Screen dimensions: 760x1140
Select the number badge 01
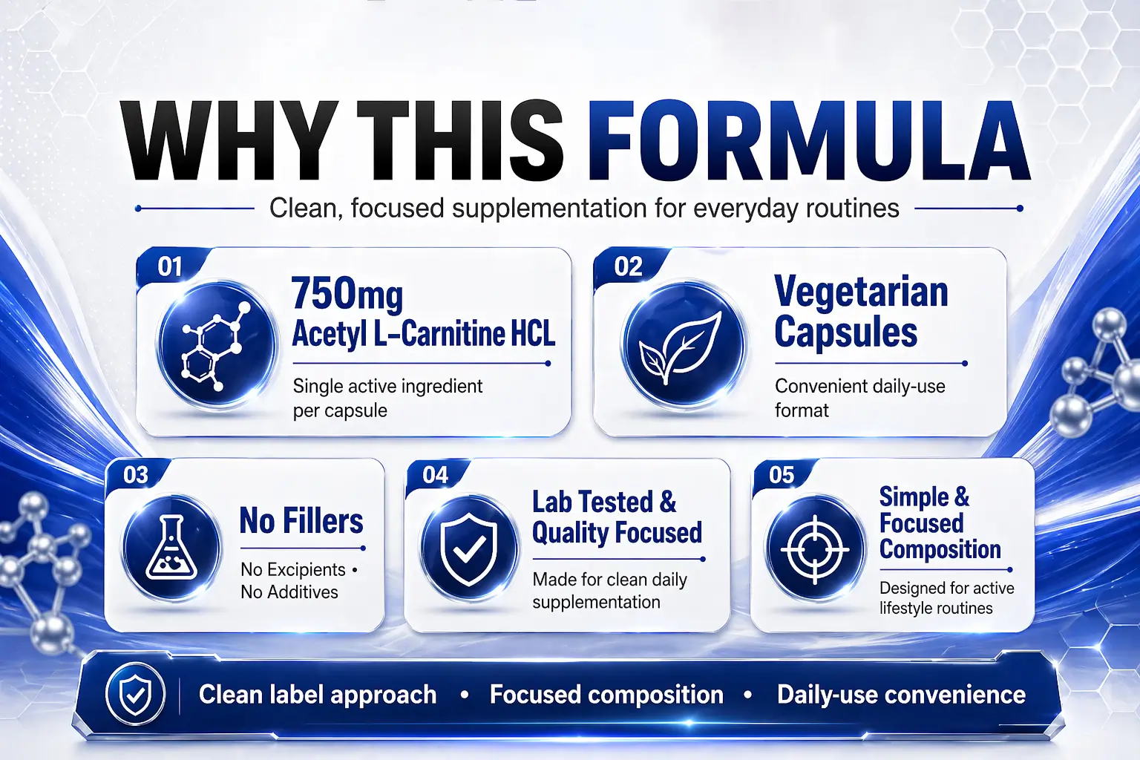click(170, 266)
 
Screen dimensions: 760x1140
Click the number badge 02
click(628, 266)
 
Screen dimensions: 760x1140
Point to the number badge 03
click(136, 475)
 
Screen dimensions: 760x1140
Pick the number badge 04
click(436, 475)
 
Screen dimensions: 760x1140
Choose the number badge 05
click(782, 475)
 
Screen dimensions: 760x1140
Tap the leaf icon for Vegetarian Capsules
click(682, 345)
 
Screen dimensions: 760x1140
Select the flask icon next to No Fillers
click(171, 548)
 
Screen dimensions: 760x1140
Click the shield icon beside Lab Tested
click(469, 548)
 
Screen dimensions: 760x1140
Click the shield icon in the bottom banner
click(135, 695)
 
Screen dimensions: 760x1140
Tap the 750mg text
click(347, 293)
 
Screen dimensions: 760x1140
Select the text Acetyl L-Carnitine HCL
click(423, 334)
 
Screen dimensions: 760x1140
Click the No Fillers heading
click(301, 521)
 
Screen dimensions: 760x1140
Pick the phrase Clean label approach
click(318, 695)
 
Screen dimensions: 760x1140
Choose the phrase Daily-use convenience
click(901, 695)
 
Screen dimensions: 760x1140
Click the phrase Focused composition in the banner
click(606, 695)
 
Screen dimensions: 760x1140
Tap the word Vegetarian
click(861, 292)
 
